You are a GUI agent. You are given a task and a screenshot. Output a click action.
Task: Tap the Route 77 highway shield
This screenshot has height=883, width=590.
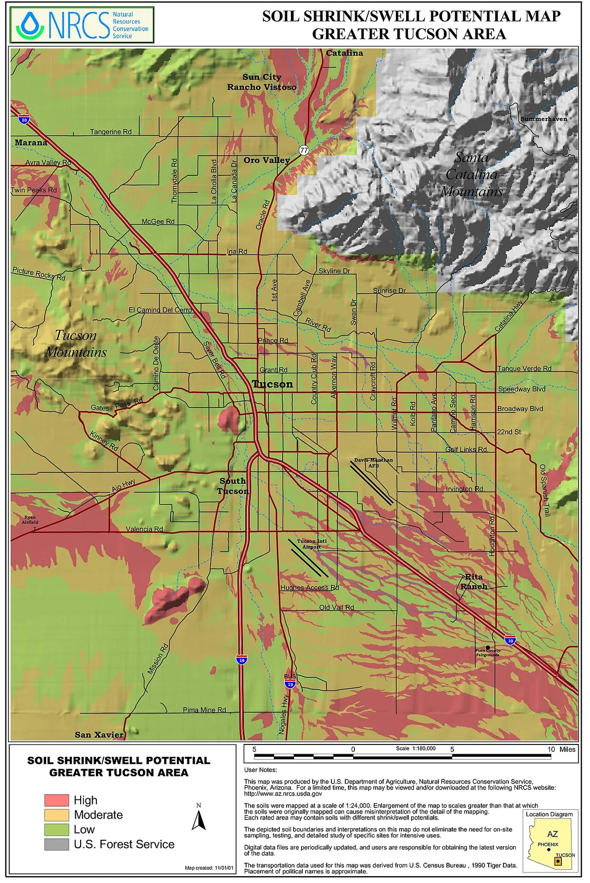click(304, 150)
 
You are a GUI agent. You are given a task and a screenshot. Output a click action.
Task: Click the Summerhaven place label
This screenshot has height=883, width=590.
click(543, 119)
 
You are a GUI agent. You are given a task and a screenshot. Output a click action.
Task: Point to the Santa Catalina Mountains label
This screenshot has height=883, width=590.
click(472, 174)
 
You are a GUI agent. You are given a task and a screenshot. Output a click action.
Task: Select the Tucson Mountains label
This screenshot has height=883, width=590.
click(76, 344)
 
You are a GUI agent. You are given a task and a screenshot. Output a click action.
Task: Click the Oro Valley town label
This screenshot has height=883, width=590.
click(266, 160)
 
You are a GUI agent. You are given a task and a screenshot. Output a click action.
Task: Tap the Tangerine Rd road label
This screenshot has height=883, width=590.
click(111, 132)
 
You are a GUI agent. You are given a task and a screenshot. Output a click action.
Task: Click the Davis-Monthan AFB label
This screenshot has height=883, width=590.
click(374, 463)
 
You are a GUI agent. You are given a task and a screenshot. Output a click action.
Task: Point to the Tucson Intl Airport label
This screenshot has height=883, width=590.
click(311, 544)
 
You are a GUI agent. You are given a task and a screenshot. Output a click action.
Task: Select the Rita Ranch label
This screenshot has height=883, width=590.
click(474, 581)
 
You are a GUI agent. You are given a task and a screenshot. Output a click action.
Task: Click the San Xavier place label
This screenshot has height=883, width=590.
click(99, 735)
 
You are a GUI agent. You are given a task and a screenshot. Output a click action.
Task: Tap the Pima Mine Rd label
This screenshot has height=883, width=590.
click(204, 710)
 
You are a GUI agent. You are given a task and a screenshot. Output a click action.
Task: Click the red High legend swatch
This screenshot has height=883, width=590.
click(57, 800)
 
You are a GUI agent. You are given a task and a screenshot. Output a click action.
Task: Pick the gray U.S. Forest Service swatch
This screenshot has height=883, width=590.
click(57, 844)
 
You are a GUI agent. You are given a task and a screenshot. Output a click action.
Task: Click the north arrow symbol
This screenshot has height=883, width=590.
click(199, 820)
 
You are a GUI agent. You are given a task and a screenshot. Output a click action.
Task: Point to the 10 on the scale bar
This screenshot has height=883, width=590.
click(551, 749)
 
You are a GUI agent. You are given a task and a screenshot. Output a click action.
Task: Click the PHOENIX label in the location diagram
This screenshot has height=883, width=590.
click(548, 845)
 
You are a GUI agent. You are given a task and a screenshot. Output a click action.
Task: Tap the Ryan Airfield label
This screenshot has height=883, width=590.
click(29, 520)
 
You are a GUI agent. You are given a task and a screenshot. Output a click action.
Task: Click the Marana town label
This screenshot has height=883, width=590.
click(31, 142)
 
